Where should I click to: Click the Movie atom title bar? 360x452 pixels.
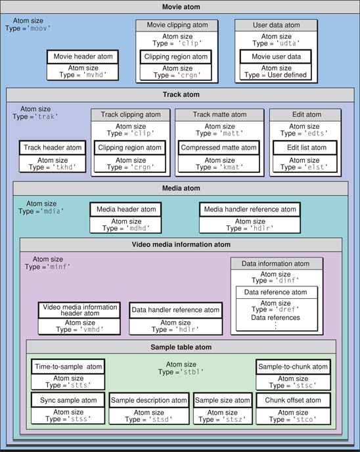point(180,7)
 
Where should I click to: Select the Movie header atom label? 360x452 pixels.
point(83,56)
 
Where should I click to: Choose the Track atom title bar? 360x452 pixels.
point(180,95)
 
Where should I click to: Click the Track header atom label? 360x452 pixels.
point(52,148)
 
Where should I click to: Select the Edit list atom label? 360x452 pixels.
point(305,148)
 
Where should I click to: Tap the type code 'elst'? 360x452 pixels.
point(315,168)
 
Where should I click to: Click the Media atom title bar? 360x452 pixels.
point(180,189)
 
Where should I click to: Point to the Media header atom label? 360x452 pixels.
point(126,210)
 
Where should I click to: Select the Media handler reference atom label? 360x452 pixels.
point(249,210)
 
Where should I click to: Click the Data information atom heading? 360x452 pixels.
point(276,263)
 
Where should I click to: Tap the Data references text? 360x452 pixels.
point(276,317)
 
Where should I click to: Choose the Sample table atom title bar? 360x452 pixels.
point(181,346)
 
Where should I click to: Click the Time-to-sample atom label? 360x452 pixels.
point(68,367)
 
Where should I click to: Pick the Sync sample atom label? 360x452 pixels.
point(68,400)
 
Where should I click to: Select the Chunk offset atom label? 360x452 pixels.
point(292,400)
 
